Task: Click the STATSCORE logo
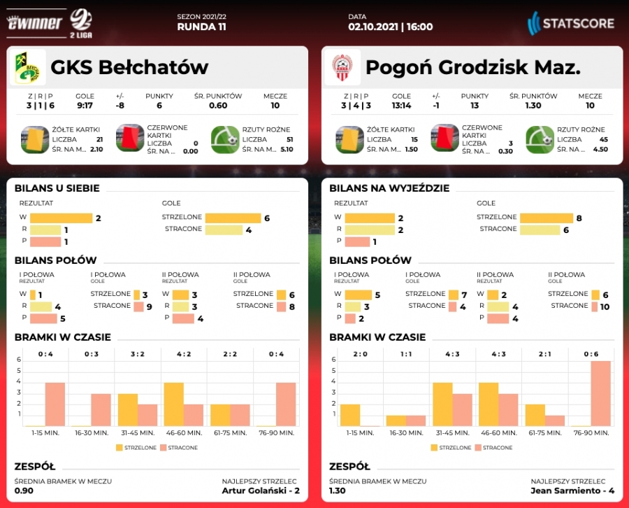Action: point(571,23)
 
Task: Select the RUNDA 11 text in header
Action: point(202,27)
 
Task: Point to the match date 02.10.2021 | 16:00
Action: point(391,27)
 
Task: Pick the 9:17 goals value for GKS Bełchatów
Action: point(85,106)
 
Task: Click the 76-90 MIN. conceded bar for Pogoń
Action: point(600,393)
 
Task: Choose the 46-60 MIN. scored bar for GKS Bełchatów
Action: point(173,404)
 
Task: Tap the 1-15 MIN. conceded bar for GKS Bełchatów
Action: point(55,404)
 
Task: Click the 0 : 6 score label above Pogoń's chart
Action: point(591,354)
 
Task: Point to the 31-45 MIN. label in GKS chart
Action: point(138,433)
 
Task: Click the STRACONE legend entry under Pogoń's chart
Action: point(496,448)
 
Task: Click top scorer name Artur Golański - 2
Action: point(260,491)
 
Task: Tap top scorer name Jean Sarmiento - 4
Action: point(572,491)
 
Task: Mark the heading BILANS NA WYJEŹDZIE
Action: point(389,188)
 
